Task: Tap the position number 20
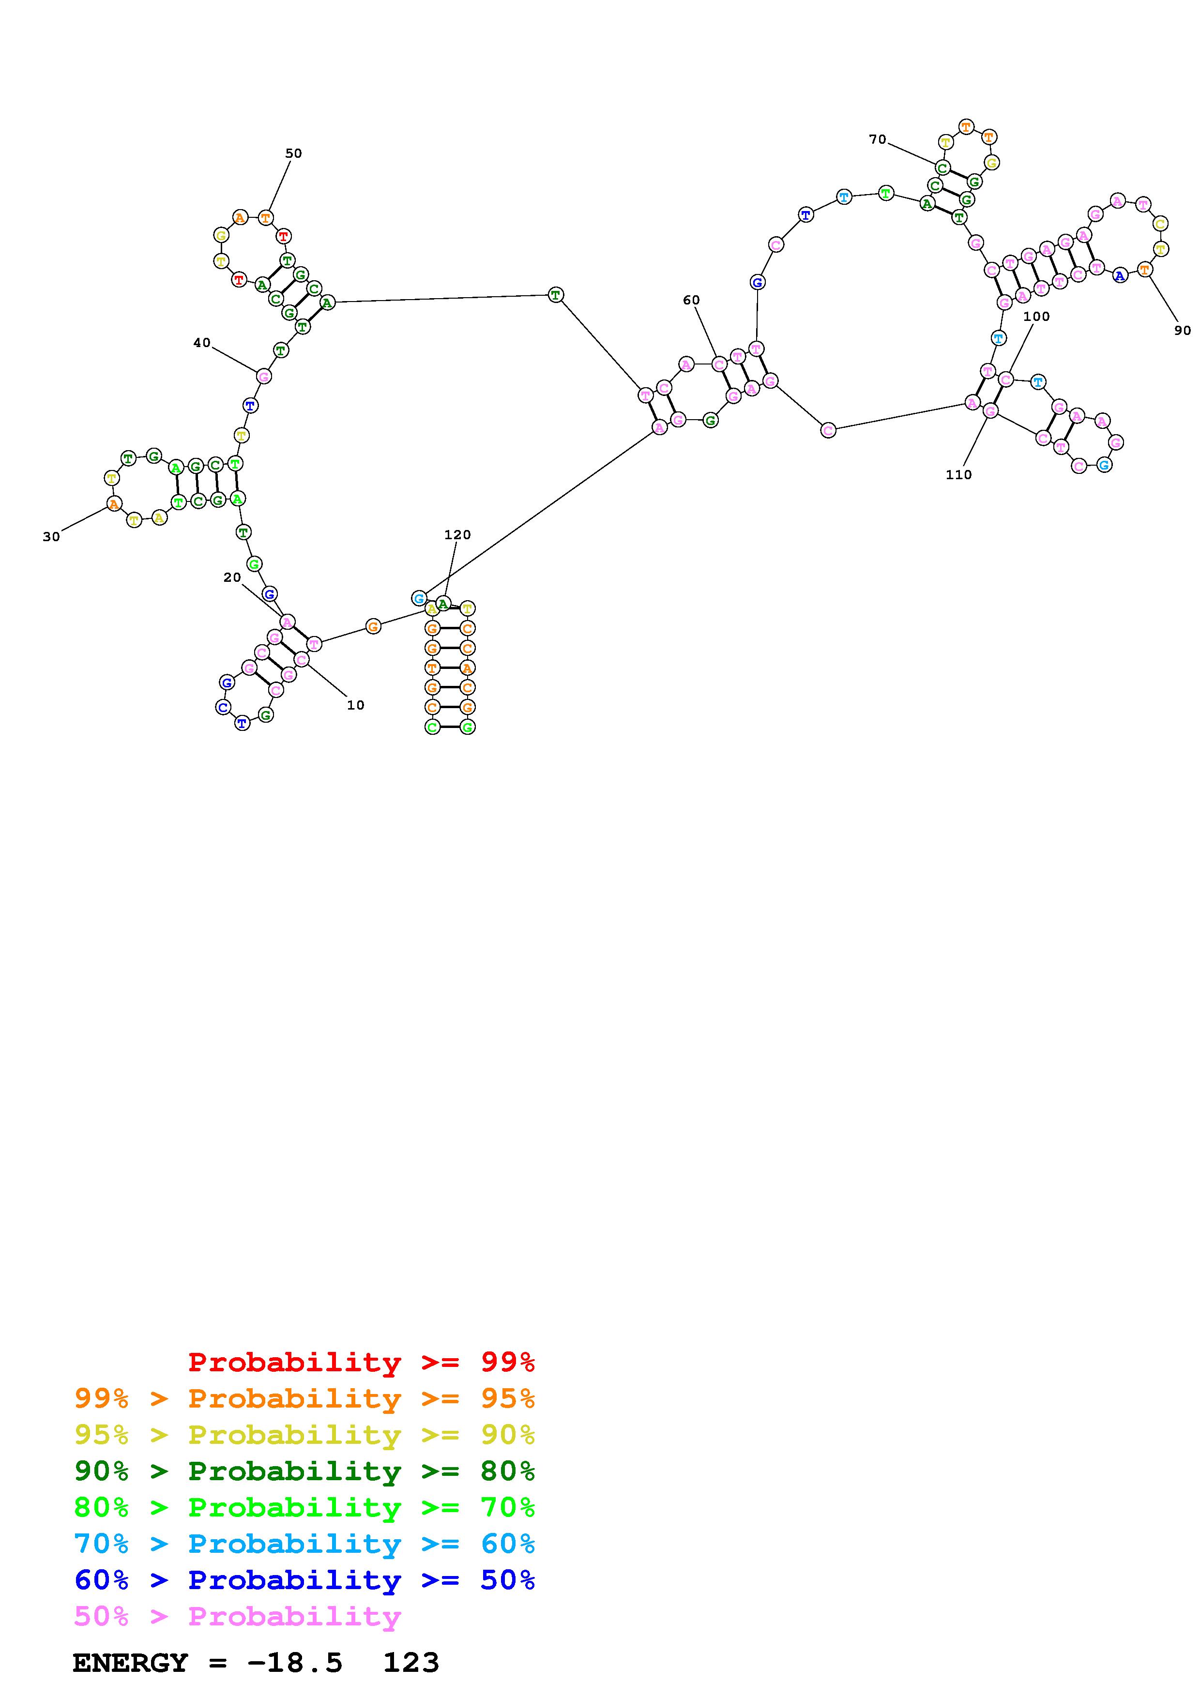point(232,577)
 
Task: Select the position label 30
point(51,537)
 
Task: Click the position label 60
point(691,300)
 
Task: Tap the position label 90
point(1182,331)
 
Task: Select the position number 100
point(1036,317)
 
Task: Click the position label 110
point(958,475)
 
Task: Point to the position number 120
point(457,535)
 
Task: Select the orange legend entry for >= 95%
point(304,1398)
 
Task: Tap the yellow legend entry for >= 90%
point(304,1435)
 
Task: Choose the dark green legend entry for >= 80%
point(304,1471)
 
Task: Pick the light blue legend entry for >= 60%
point(304,1544)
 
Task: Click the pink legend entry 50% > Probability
point(238,1616)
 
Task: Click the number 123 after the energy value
point(411,1663)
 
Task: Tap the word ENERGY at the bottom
point(130,1663)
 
